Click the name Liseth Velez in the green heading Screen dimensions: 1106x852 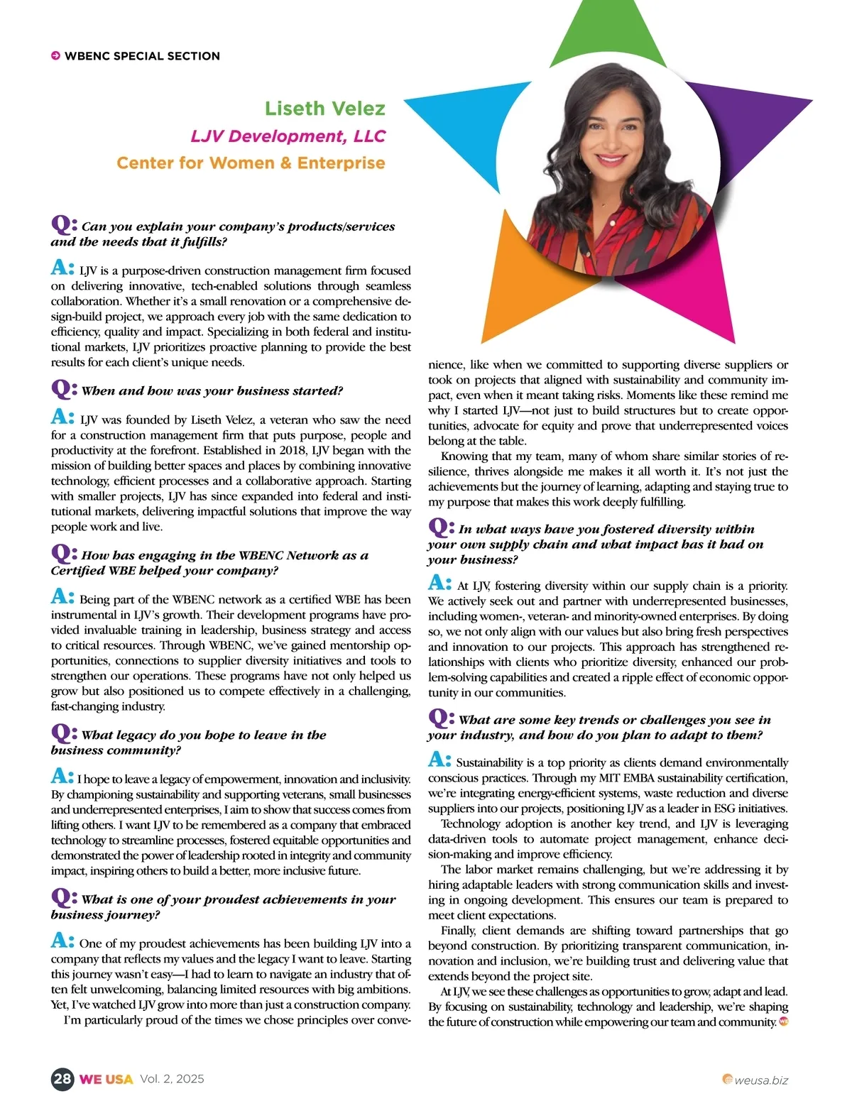coord(324,109)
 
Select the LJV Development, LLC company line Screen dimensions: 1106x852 coord(288,136)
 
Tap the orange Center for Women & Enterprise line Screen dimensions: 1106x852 coord(251,163)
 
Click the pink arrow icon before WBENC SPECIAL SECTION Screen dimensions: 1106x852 coord(55,56)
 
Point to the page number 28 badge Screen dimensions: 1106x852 coord(62,1079)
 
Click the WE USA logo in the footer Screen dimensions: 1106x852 coord(106,1079)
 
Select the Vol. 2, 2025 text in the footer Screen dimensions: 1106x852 coord(172,1079)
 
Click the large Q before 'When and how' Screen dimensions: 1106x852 coord(64,388)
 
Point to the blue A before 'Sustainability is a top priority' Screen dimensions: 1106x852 coord(439,760)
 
